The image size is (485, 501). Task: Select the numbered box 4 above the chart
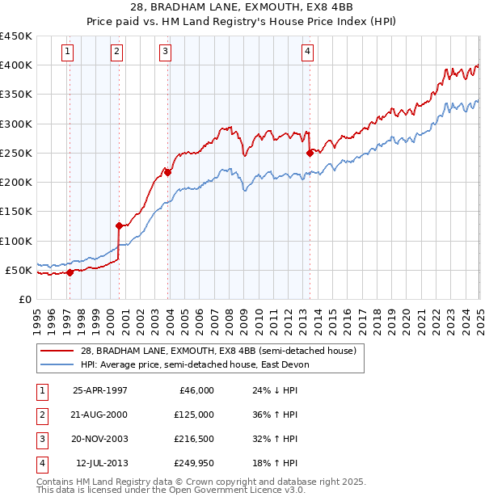coord(308,53)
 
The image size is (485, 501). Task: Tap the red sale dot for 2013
coord(310,153)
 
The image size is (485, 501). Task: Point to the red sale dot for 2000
coord(119,225)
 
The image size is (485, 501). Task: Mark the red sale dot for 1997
coord(70,272)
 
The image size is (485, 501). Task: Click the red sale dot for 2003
coord(167,172)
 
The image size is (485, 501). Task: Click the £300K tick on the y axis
coord(16,124)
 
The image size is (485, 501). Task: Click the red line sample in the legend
coord(57,350)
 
